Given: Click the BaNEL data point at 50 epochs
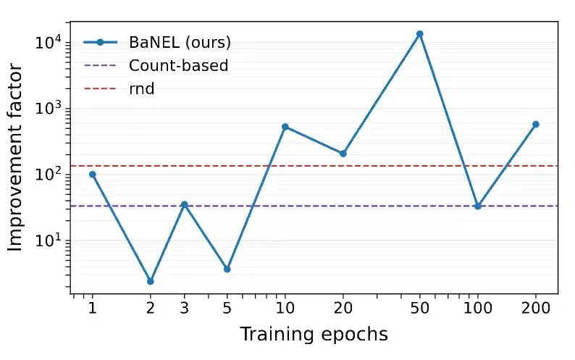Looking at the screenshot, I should tap(419, 34).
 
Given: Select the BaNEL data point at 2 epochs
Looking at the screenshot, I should tap(150, 281).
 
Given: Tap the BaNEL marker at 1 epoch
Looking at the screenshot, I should tap(92, 175).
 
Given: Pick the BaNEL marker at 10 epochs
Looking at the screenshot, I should tap(285, 127).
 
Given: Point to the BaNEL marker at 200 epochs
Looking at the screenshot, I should tap(536, 125).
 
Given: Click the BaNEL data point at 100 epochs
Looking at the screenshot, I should tap(478, 206).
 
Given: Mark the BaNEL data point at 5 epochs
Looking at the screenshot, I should tap(227, 269).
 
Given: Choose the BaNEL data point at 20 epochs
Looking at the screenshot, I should tap(343, 154).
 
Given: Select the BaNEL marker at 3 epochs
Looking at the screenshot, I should tap(184, 204).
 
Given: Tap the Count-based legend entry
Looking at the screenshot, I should tap(178, 65).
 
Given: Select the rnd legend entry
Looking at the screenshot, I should tap(141, 89).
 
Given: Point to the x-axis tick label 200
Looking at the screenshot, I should tap(536, 309).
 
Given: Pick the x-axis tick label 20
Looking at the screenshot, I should tap(343, 309).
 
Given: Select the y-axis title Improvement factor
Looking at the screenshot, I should tap(16, 158).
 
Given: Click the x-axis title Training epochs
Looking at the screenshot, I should tap(314, 335).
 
